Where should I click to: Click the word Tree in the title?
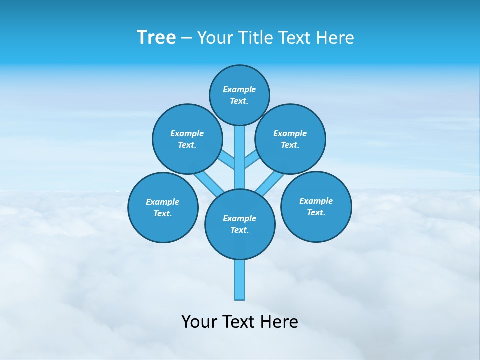[x=156, y=38]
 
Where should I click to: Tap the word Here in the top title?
[x=335, y=38]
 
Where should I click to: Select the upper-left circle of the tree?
[x=187, y=139]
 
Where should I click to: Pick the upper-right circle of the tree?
[x=290, y=139]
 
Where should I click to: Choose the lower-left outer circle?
[x=163, y=207]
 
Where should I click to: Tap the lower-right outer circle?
[x=316, y=206]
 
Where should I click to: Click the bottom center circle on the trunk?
[x=240, y=224]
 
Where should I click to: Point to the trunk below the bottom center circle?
[x=240, y=280]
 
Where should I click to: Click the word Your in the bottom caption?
[x=199, y=322]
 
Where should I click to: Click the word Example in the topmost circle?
[x=239, y=89]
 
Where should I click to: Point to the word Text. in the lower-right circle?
[x=316, y=212]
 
